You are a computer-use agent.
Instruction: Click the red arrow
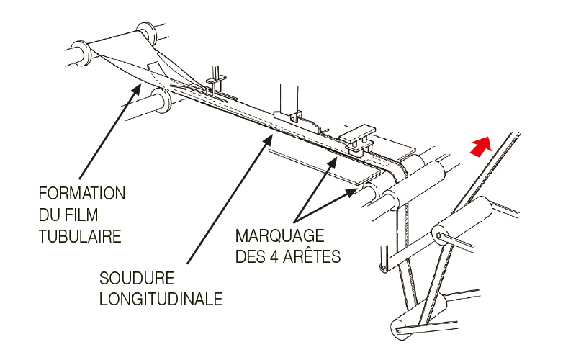point(480,146)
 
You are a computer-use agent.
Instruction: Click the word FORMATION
point(82,194)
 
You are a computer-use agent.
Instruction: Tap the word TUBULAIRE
point(80,237)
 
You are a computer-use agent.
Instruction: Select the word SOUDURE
point(137,279)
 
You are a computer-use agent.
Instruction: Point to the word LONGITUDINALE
point(161,299)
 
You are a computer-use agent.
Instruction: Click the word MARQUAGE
point(279,236)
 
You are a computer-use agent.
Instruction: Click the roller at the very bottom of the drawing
point(419,317)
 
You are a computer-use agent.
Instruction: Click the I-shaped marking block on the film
point(358,140)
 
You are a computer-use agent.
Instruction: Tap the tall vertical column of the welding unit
point(289,99)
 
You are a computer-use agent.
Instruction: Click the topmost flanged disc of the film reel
point(147,33)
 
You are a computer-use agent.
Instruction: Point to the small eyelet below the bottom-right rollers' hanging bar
point(384,267)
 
